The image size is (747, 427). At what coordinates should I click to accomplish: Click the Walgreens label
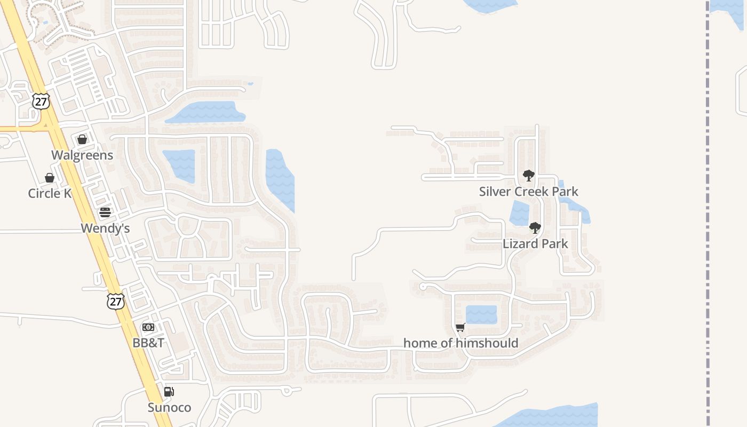point(82,155)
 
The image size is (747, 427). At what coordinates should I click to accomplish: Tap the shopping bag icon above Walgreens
point(82,139)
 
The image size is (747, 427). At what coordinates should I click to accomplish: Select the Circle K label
point(50,193)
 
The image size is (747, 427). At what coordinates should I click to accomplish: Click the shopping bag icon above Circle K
point(50,178)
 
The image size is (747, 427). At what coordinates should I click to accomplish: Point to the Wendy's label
point(105,228)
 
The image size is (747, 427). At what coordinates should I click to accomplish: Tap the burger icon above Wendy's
point(105,212)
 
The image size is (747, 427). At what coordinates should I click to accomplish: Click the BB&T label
point(148,343)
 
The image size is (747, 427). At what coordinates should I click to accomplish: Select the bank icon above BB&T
point(148,327)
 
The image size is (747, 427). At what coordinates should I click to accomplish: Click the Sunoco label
point(169,408)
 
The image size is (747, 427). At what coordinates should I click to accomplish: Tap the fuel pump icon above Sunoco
point(169,392)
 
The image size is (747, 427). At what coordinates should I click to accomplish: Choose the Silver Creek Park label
point(528,192)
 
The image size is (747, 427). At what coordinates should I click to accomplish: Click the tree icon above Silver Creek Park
point(528,176)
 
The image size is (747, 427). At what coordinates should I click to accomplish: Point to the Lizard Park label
point(535,244)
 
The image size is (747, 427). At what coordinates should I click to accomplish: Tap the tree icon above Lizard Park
point(535,228)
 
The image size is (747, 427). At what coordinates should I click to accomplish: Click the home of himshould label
point(460,343)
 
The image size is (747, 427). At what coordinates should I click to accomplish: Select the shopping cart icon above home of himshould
point(460,327)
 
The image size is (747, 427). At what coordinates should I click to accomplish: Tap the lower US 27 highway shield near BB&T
point(115,301)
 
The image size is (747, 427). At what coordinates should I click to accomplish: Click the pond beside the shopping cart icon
point(481,314)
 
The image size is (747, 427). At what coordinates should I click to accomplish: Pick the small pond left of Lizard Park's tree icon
point(519,213)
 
